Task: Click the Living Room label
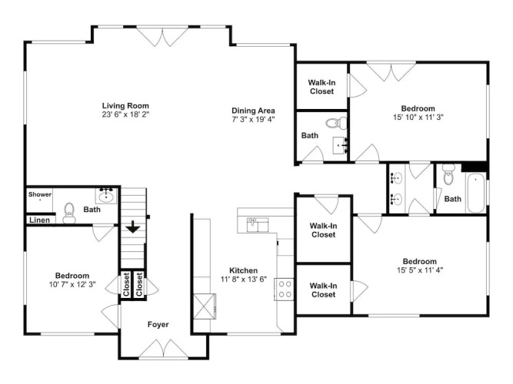click(125, 105)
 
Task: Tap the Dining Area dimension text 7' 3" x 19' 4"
click(253, 119)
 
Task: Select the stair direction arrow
click(133, 227)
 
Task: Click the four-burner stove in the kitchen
click(284, 290)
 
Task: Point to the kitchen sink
click(258, 224)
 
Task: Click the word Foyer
click(158, 325)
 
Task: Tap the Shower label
click(39, 194)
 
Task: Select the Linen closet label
click(39, 220)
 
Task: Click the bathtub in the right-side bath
click(475, 193)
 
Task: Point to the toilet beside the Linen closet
click(69, 213)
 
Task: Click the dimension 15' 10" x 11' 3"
click(418, 118)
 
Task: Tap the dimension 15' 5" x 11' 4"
click(420, 270)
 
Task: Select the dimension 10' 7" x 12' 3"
click(72, 285)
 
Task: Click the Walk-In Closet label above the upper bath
click(321, 87)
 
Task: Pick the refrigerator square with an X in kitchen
click(205, 306)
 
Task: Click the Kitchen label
click(243, 270)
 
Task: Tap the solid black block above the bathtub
click(474, 167)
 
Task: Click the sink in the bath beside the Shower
click(106, 195)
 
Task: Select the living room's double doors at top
click(162, 36)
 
